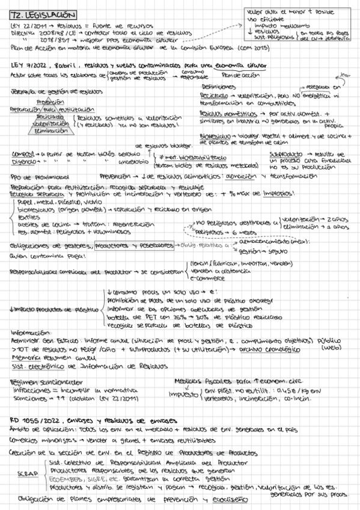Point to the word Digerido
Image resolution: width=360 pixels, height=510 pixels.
tap(22, 161)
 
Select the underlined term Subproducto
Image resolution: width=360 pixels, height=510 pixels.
tap(285, 155)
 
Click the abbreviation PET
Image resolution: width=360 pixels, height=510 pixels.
tap(139, 318)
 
